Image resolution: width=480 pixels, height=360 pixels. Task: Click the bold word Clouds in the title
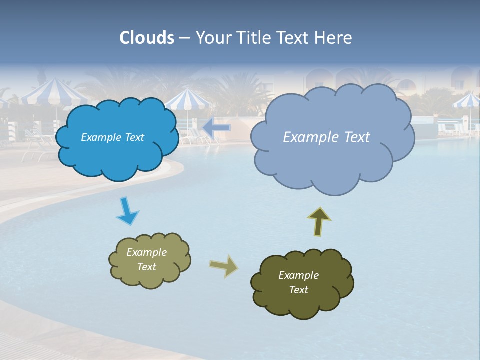pyautogui.click(x=147, y=38)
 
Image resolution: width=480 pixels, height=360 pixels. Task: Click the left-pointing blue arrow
pyautogui.click(x=216, y=128)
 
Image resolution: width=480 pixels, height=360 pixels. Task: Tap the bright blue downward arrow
pyautogui.click(x=127, y=211)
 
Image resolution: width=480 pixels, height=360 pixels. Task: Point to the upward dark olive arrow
pyautogui.click(x=319, y=221)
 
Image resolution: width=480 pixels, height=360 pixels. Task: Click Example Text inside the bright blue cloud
pyautogui.click(x=112, y=137)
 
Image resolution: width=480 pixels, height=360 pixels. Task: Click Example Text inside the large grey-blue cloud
pyautogui.click(x=326, y=137)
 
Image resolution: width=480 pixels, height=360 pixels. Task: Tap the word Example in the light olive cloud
pyautogui.click(x=146, y=252)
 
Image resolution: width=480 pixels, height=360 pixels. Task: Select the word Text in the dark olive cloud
pyautogui.click(x=298, y=290)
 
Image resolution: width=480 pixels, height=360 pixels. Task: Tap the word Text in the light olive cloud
pyautogui.click(x=146, y=267)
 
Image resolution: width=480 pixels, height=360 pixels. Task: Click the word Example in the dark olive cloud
pyautogui.click(x=298, y=275)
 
